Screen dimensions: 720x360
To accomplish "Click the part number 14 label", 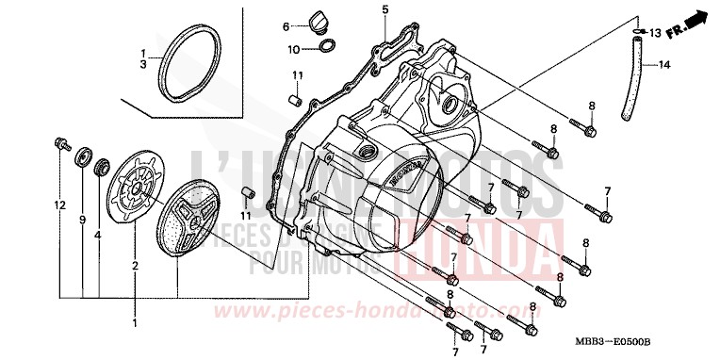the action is click(664, 65).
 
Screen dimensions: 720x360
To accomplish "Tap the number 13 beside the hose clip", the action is click(656, 33).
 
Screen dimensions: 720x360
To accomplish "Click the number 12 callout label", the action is click(57, 205).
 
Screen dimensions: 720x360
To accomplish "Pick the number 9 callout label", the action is click(83, 221).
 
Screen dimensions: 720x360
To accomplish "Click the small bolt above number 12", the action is click(62, 144).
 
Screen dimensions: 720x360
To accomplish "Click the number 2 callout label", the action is click(134, 268).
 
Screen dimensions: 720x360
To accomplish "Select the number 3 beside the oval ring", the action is click(143, 64).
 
